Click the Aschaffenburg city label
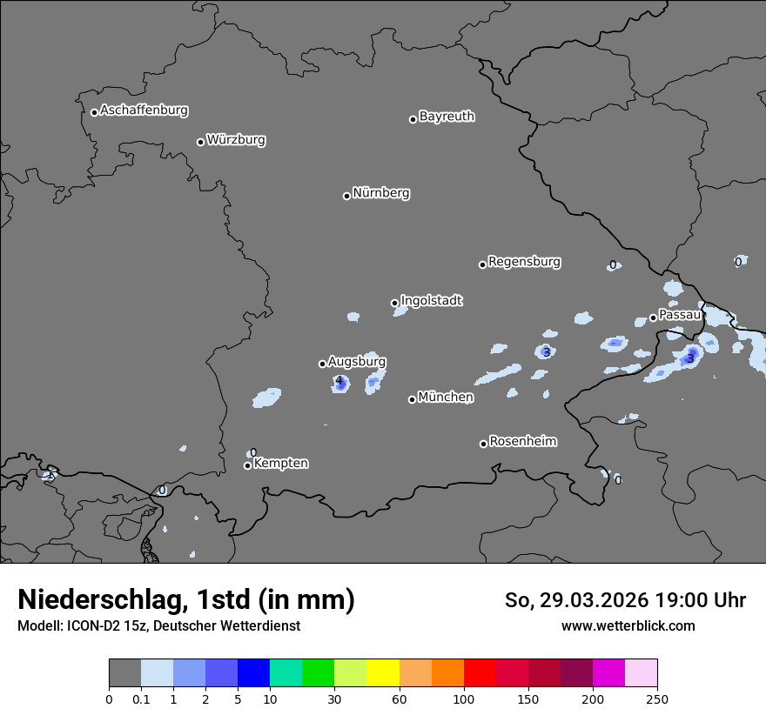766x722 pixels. click(144, 110)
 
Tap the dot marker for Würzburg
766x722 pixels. click(200, 142)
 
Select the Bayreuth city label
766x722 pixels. click(447, 116)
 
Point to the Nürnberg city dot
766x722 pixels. click(346, 196)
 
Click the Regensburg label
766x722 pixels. click(524, 261)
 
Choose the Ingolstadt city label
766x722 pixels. click(431, 300)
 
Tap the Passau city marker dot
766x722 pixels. click(653, 318)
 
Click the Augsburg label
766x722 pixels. click(357, 361)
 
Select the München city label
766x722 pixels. click(446, 397)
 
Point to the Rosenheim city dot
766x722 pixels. click(483, 444)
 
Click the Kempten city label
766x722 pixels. click(280, 463)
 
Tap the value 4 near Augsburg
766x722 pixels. click(339, 381)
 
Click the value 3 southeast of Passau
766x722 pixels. click(690, 358)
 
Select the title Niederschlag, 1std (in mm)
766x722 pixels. click(186, 599)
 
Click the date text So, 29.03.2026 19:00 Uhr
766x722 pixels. click(625, 600)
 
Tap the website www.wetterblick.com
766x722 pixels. click(628, 625)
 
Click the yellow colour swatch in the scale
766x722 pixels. click(383, 673)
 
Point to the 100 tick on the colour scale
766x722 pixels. click(464, 698)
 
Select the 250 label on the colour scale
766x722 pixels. click(657, 698)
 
